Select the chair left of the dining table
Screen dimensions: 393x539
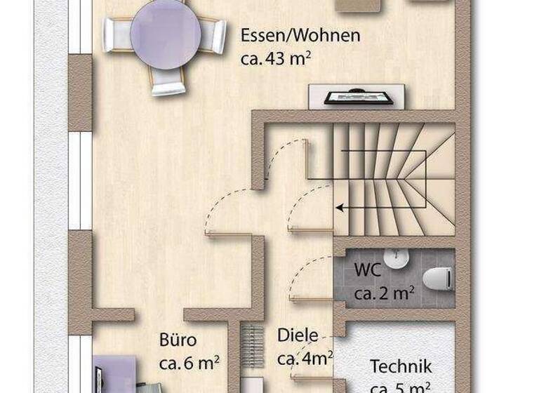coord(117,32)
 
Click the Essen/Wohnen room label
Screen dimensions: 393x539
coord(300,35)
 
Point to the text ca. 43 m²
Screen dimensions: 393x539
coord(276,59)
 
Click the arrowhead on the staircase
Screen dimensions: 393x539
coord(340,207)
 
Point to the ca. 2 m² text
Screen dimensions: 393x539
coord(384,293)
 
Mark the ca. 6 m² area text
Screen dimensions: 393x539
coord(189,364)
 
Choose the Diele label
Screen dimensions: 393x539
coord(298,335)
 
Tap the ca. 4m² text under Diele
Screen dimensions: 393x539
coord(305,359)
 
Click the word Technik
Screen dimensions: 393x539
coord(401,366)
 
